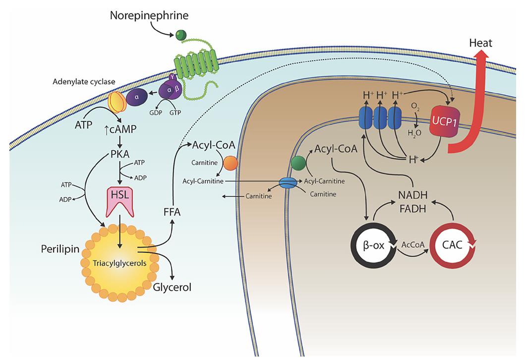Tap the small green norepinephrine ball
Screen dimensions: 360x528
click(180, 35)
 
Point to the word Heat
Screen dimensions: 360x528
click(480, 43)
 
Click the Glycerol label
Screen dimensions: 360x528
click(172, 287)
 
